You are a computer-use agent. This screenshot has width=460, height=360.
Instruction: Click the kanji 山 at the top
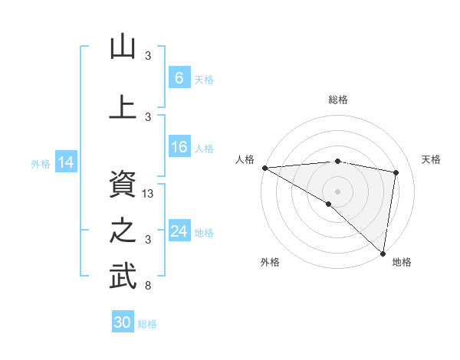[123, 47]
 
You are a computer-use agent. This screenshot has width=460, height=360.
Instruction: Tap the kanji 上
[123, 107]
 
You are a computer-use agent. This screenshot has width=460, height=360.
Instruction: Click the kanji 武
[123, 277]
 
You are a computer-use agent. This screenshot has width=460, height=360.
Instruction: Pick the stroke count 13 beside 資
[149, 194]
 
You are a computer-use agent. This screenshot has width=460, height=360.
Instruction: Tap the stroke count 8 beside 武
[149, 286]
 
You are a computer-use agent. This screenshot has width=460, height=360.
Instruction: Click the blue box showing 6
[179, 77]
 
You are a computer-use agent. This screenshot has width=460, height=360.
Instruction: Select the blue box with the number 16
[179, 148]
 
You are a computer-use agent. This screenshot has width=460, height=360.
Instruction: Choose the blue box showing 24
[179, 231]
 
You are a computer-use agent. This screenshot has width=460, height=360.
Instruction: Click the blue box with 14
[66, 162]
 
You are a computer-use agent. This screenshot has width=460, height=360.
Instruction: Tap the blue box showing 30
[123, 322]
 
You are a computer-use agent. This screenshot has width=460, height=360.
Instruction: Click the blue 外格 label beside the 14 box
[41, 163]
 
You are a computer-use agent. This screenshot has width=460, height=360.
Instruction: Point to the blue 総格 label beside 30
[147, 324]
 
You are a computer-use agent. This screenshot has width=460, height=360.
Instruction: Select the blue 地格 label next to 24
[205, 232]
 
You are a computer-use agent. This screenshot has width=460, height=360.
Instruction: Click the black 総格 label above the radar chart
[338, 100]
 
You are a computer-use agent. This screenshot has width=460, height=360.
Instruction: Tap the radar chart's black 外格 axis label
[270, 262]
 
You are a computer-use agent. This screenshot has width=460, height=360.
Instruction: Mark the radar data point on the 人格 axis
[264, 168]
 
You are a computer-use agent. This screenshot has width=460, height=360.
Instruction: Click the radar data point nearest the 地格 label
[383, 253]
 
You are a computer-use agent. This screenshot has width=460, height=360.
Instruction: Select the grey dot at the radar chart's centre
[337, 189]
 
